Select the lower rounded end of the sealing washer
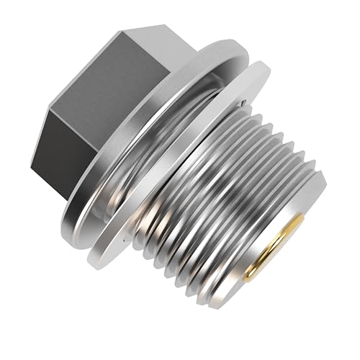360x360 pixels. coord(108,259)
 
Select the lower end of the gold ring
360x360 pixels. coord(248,278)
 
